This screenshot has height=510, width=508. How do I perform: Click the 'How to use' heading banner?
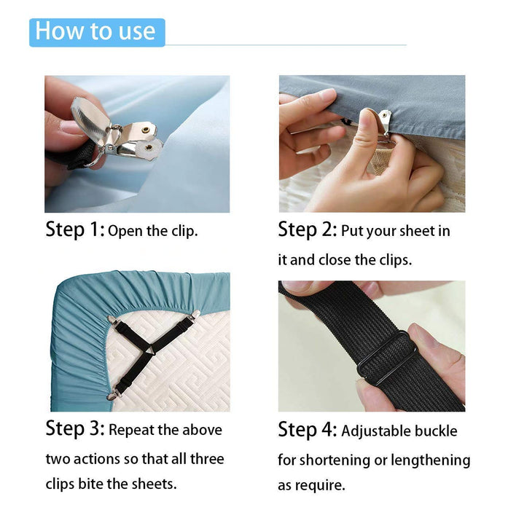pyautogui.click(x=96, y=32)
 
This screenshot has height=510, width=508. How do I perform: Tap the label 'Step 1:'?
pyautogui.click(x=75, y=230)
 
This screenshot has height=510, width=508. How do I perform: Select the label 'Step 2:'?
pyautogui.click(x=307, y=230)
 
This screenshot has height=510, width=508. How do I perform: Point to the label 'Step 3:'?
pyautogui.click(x=75, y=428)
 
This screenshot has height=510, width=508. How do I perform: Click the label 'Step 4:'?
pyautogui.click(x=307, y=430)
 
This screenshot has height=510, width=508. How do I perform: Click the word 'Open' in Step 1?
pyautogui.click(x=125, y=232)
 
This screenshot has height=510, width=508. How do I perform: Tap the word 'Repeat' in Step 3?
pyautogui.click(x=133, y=431)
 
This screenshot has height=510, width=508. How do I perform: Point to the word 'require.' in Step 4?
pyautogui.click(x=321, y=485)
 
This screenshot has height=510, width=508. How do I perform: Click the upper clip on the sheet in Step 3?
pyautogui.click(x=111, y=321)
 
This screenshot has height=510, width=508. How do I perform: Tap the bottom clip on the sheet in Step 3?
pyautogui.click(x=112, y=396)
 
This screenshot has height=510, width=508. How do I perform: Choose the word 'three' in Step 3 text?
pyautogui.click(x=205, y=460)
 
